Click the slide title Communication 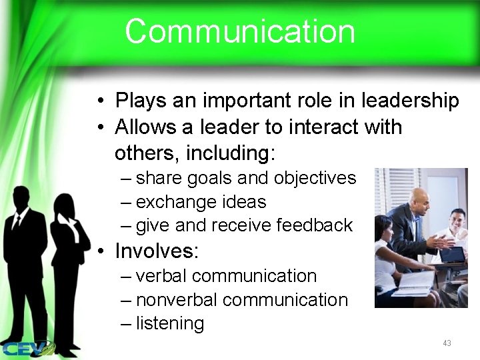(x=239, y=31)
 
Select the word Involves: (x=157, y=251)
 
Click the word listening (x=170, y=324)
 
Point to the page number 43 (x=447, y=343)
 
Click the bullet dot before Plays (x=98, y=101)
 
